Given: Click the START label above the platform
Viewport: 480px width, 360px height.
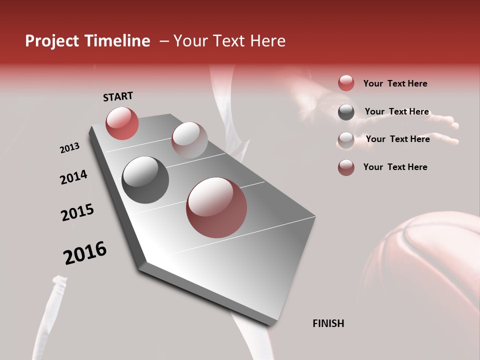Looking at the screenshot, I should [118, 96].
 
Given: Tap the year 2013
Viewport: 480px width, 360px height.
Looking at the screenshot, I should [69, 148].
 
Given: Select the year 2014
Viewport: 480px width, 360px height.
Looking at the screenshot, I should [73, 177].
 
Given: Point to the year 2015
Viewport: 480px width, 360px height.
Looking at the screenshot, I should [77, 212].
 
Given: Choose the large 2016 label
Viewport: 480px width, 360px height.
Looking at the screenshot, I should [85, 252].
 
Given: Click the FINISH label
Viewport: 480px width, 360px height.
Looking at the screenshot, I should [328, 323].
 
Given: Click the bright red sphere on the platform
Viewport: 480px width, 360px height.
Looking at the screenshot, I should [122, 123].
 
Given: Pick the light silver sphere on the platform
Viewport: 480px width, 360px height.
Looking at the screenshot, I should [189, 139].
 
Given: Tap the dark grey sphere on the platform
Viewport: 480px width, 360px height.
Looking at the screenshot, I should [145, 180].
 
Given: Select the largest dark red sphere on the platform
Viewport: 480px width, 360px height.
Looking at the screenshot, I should [216, 207].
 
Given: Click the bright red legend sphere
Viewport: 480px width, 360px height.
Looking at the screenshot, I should [346, 83].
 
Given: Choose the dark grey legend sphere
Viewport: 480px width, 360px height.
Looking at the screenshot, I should [346, 112].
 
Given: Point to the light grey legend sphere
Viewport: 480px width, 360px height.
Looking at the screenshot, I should [346, 139].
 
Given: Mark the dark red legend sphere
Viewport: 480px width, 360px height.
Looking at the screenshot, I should [346, 167].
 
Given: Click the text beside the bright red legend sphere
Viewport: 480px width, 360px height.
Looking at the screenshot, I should [395, 83].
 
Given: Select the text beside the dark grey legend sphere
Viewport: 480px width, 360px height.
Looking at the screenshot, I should [396, 111].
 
